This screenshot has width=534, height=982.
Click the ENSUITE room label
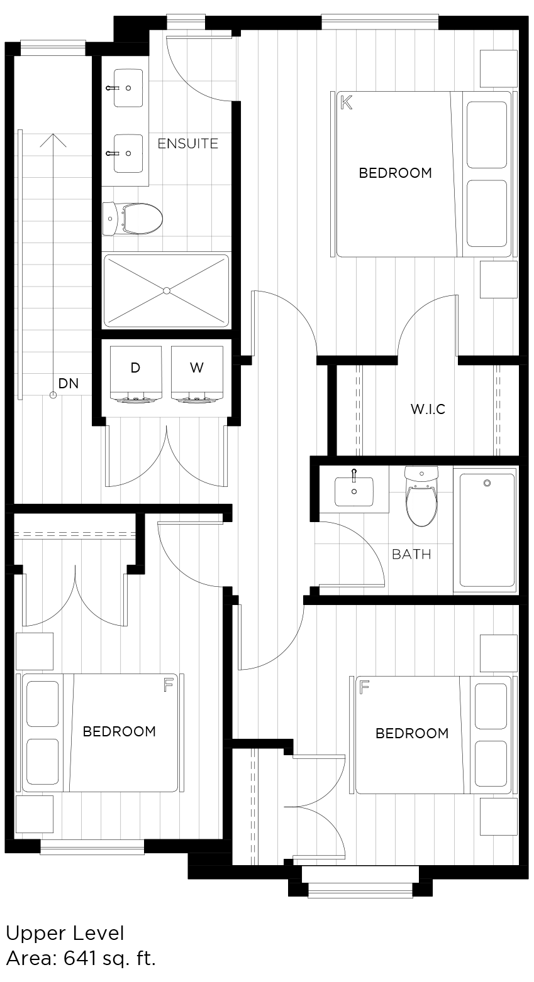pyautogui.click(x=187, y=143)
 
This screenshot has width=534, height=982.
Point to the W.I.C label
pyautogui.click(x=428, y=409)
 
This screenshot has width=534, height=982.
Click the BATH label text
pyautogui.click(x=411, y=554)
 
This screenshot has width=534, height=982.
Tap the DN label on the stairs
pyautogui.click(x=69, y=383)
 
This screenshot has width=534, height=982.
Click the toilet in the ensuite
pyautogui.click(x=133, y=218)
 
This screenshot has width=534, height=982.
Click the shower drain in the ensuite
pyautogui.click(x=167, y=290)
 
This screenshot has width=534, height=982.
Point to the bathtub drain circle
pyautogui.click(x=487, y=483)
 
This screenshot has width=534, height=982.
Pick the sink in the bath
pyautogui.click(x=353, y=491)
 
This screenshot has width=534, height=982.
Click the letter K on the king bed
pyautogui.click(x=346, y=102)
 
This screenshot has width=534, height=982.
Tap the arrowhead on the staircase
pyautogui.click(x=53, y=139)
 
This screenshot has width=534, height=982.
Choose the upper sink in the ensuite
pyautogui.click(x=128, y=88)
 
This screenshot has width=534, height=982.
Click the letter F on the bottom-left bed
pyautogui.click(x=168, y=685)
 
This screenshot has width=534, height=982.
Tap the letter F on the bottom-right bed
pyautogui.click(x=364, y=687)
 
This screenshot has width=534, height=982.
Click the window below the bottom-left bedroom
pyautogui.click(x=92, y=848)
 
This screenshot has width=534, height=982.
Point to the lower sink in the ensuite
pyautogui.click(x=128, y=153)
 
